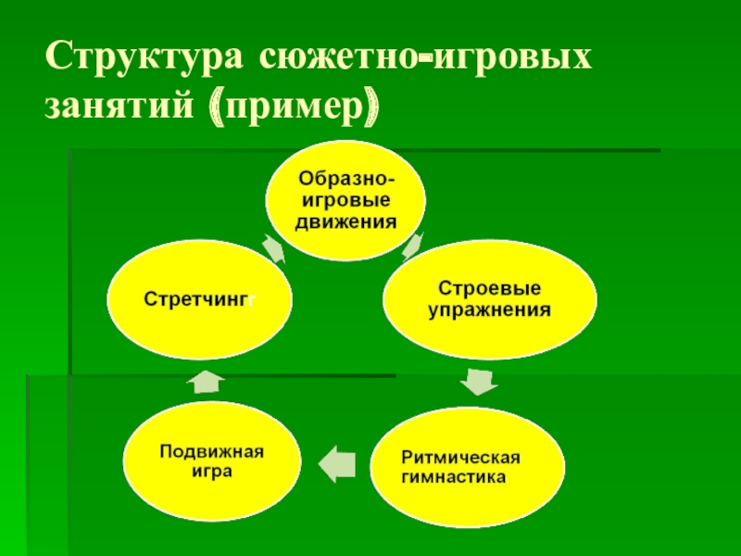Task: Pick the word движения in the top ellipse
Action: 347,221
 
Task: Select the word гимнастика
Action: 454,479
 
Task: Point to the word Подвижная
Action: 212,451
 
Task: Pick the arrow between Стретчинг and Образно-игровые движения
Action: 273,248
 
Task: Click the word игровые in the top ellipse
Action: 347,200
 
